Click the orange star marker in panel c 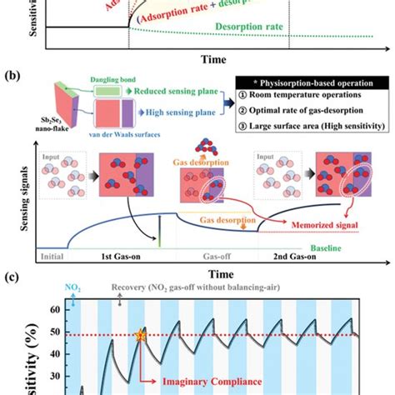[139, 337]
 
